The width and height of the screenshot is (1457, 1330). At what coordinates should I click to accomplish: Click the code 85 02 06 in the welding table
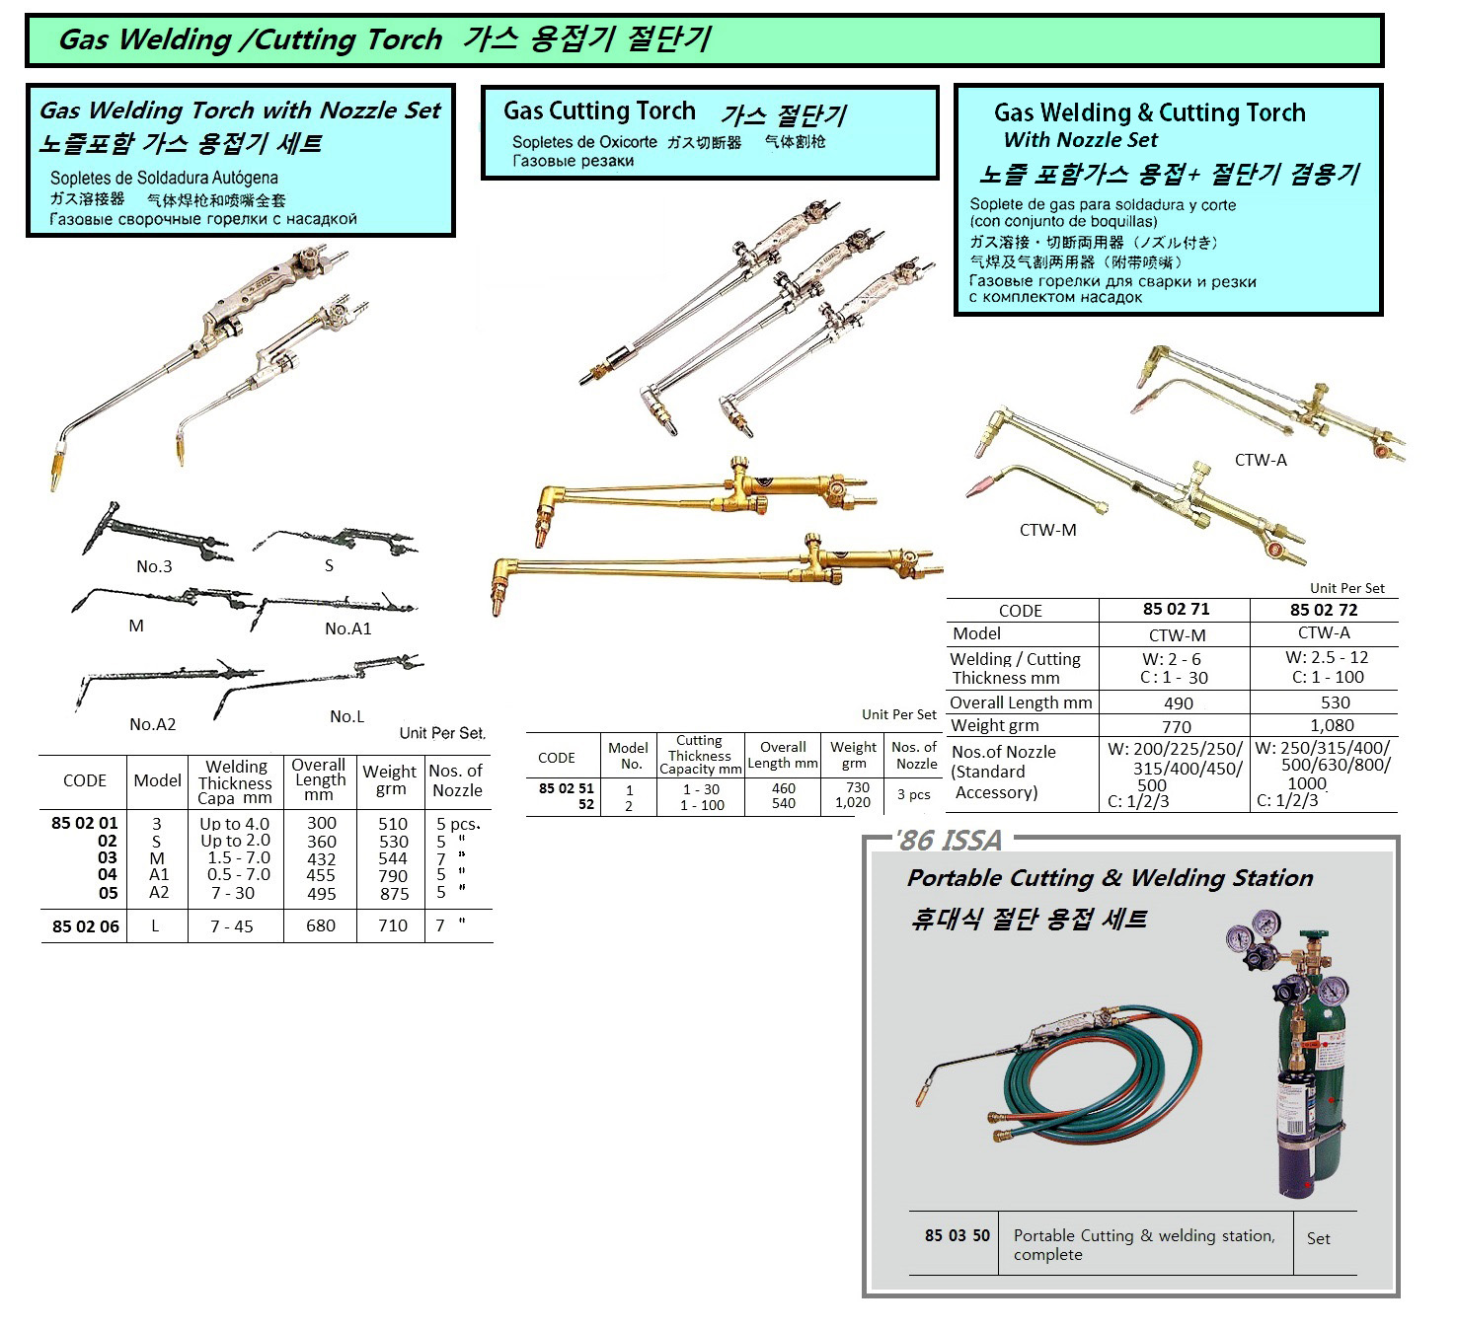85,925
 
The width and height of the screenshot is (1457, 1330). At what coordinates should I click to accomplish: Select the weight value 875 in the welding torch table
394,893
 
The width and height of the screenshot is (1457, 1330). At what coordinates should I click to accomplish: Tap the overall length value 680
321,925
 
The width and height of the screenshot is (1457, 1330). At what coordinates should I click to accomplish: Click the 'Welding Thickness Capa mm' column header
235,781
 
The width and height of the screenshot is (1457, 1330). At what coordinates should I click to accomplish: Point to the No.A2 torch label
152,724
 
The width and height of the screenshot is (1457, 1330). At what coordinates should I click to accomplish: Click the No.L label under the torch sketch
346,716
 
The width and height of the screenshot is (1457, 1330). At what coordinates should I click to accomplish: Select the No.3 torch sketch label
154,565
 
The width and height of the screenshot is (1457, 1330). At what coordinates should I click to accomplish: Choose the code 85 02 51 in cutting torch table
566,788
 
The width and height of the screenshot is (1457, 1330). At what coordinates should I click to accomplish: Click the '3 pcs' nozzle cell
914,794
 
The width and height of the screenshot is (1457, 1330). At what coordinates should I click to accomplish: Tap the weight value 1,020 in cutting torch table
853,803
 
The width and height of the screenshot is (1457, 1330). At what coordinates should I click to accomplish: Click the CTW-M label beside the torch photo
1047,530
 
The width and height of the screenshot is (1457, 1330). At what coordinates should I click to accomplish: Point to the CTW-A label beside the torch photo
1261,460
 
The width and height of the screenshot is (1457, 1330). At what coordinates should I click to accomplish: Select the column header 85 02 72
1323,610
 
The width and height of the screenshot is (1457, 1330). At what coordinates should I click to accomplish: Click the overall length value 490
1178,703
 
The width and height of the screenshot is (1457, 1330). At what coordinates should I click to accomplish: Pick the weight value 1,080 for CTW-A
1332,725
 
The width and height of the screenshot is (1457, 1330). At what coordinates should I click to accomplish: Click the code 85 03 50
957,1235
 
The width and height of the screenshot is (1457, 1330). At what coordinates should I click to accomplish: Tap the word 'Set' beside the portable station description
1318,1238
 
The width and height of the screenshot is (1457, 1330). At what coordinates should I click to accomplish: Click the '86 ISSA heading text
948,840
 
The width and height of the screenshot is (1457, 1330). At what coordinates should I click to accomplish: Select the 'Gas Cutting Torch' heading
599,111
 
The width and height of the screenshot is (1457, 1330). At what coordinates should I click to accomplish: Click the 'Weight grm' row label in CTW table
994,725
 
